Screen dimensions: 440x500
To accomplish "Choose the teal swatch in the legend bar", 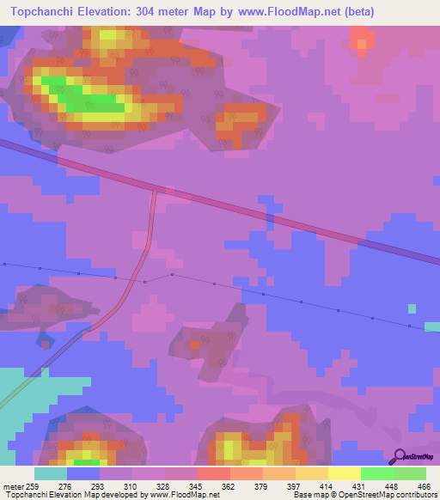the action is [x=51, y=473].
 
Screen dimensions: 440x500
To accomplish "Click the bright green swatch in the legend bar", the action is [x=376, y=473].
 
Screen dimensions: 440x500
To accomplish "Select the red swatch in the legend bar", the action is [x=213, y=473].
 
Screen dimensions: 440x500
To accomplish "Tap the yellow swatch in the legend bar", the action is [x=344, y=473].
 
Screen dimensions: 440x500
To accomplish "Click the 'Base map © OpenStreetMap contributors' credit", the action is [x=364, y=495].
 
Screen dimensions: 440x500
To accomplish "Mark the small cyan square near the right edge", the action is [x=412, y=308].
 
